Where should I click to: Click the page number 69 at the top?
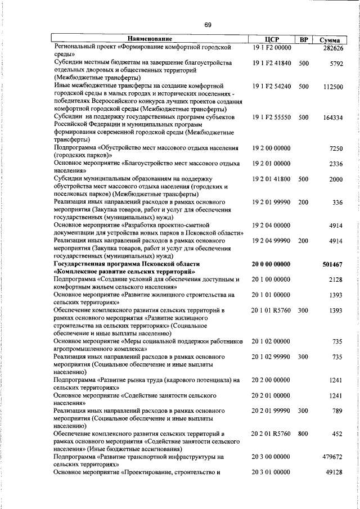[208, 24]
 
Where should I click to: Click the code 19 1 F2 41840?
[272, 64]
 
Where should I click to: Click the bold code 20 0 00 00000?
[272, 264]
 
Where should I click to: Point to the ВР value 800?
[304, 434]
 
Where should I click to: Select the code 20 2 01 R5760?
[272, 434]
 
